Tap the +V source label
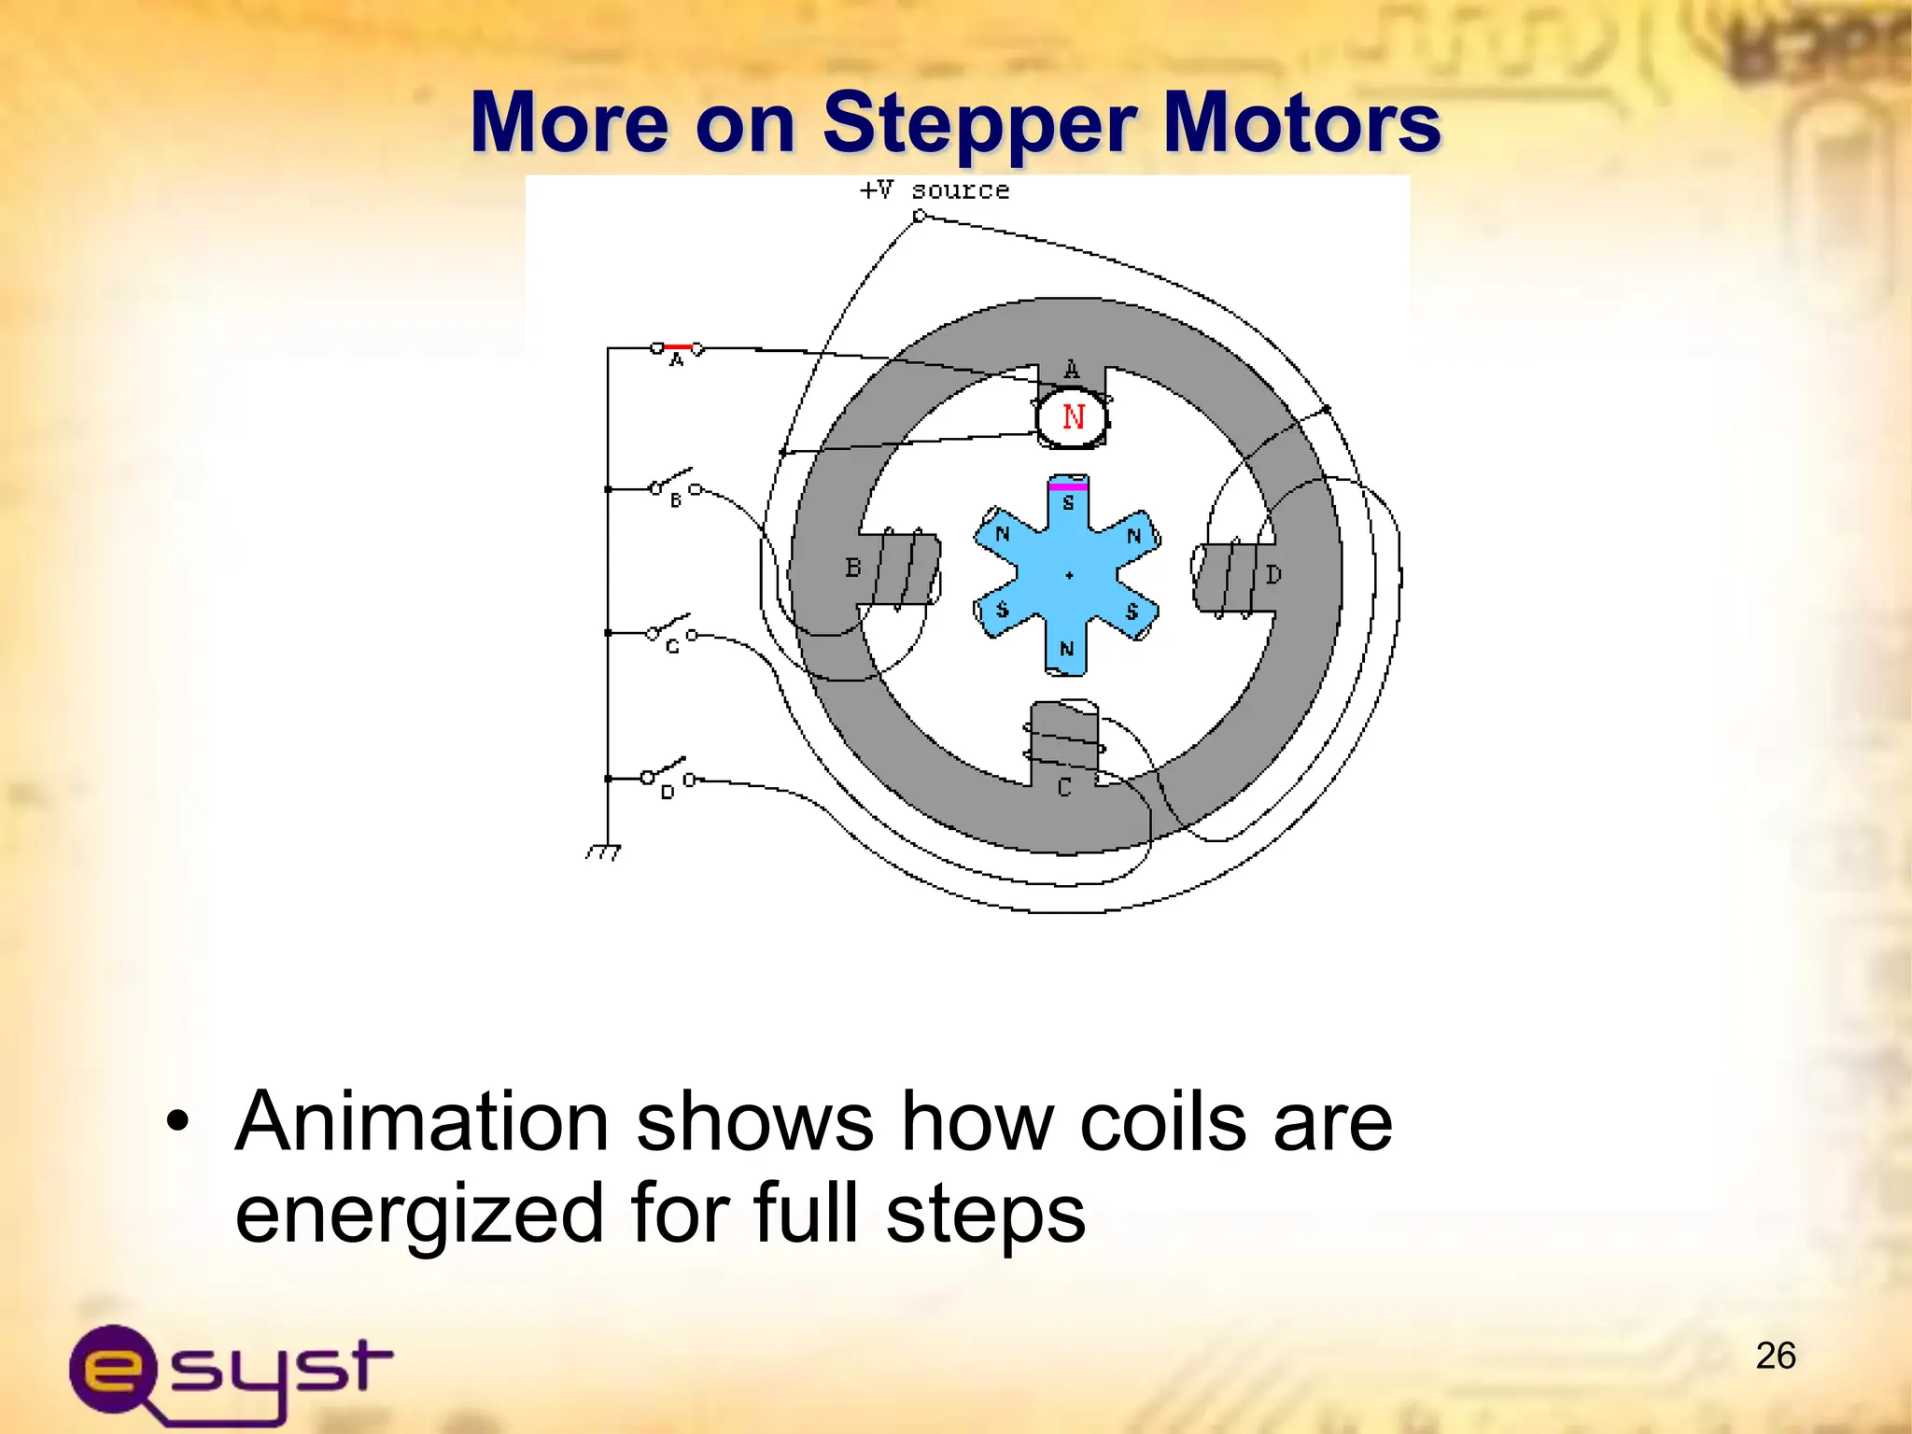(934, 190)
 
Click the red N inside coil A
(1074, 417)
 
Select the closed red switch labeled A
(678, 348)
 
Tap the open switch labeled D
(668, 774)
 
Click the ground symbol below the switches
(603, 851)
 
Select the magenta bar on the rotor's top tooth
(1068, 486)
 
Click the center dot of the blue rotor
(1070, 575)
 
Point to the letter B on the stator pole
(852, 568)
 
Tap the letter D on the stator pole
(1273, 575)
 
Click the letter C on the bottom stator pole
(1064, 789)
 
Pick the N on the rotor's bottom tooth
(1067, 649)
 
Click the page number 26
(1775, 1356)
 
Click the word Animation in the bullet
(422, 1122)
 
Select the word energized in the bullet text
(418, 1214)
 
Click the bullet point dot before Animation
(177, 1123)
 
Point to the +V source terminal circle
(919, 217)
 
